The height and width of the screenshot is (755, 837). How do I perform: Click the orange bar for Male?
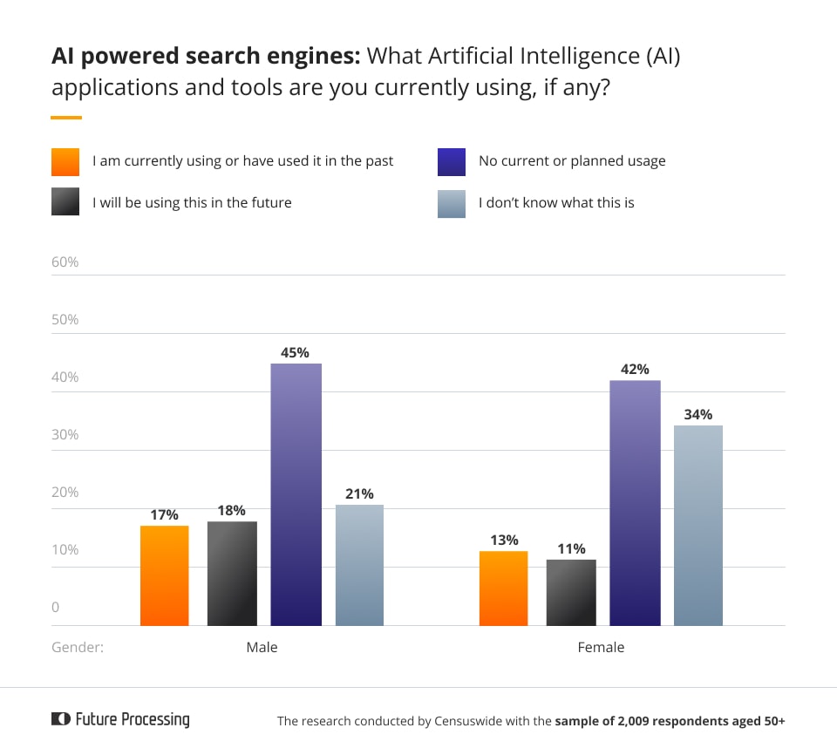coord(164,575)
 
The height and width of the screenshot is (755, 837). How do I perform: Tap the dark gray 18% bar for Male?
coord(232,574)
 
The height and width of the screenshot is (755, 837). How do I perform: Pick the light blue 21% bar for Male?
coord(359,565)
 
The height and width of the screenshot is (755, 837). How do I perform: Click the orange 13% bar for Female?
coord(504,588)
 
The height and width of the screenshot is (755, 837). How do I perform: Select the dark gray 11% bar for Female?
coord(571,593)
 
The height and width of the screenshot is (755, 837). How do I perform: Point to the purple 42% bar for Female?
coord(635,503)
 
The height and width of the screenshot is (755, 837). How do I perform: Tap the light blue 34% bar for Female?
coord(698,526)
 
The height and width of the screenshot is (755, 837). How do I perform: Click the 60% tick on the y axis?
coord(65,262)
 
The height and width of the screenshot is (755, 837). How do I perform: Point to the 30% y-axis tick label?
coord(65,434)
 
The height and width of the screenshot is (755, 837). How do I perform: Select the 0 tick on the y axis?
coord(56,607)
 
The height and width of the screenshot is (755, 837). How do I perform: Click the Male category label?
coord(262,648)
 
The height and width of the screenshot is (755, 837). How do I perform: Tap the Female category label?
coord(601,648)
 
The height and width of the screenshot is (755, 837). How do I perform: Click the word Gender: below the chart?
coord(78,648)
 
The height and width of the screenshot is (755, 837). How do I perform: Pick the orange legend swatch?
coord(65,162)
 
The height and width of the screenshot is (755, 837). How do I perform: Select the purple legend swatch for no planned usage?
coord(452,162)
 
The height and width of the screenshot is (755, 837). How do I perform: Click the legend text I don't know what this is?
coord(556,203)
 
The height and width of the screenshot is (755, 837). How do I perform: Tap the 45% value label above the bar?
coord(295,353)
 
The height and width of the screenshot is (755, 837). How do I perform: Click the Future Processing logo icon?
coord(60,719)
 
